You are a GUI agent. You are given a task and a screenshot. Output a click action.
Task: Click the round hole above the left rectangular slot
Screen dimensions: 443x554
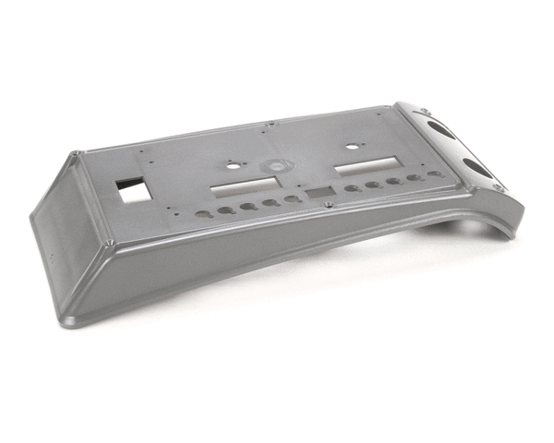231,168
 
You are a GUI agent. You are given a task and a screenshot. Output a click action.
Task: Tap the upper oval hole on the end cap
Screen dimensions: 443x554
441,128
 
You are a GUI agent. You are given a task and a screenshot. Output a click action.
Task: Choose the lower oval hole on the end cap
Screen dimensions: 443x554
477,167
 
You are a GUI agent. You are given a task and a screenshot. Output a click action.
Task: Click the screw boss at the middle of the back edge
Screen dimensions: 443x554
269,125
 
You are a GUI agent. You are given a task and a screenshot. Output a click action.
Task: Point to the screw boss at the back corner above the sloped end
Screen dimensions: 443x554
78,154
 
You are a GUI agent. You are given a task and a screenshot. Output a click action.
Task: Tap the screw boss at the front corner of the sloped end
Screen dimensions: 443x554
110,243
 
